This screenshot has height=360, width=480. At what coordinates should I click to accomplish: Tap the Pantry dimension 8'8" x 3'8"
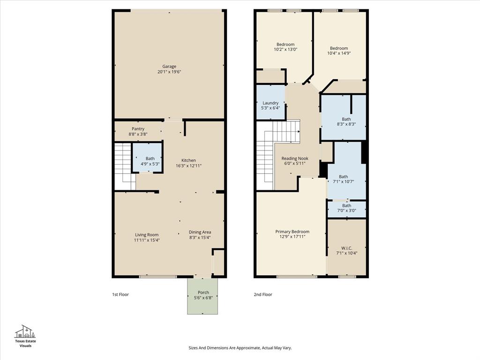(138, 135)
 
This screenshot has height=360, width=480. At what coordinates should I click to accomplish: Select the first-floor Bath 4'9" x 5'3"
(150, 161)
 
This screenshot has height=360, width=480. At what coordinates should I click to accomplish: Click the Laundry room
(270, 105)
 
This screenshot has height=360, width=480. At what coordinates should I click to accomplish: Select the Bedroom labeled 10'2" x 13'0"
(285, 46)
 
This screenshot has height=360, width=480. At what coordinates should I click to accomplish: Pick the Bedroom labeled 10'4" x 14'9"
(339, 50)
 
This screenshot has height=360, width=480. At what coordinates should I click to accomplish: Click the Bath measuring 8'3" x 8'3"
(346, 122)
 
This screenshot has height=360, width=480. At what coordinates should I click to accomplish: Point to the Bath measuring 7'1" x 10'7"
(346, 179)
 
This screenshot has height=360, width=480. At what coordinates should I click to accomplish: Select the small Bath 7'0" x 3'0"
(346, 208)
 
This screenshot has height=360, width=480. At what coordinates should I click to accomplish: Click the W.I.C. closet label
(346, 250)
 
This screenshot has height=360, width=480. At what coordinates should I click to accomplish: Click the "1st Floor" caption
(120, 294)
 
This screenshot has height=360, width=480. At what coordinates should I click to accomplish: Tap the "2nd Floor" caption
(263, 294)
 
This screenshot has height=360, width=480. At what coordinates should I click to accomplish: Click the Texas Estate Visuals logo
(26, 336)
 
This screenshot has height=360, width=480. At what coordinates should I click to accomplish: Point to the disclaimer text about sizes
(240, 348)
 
